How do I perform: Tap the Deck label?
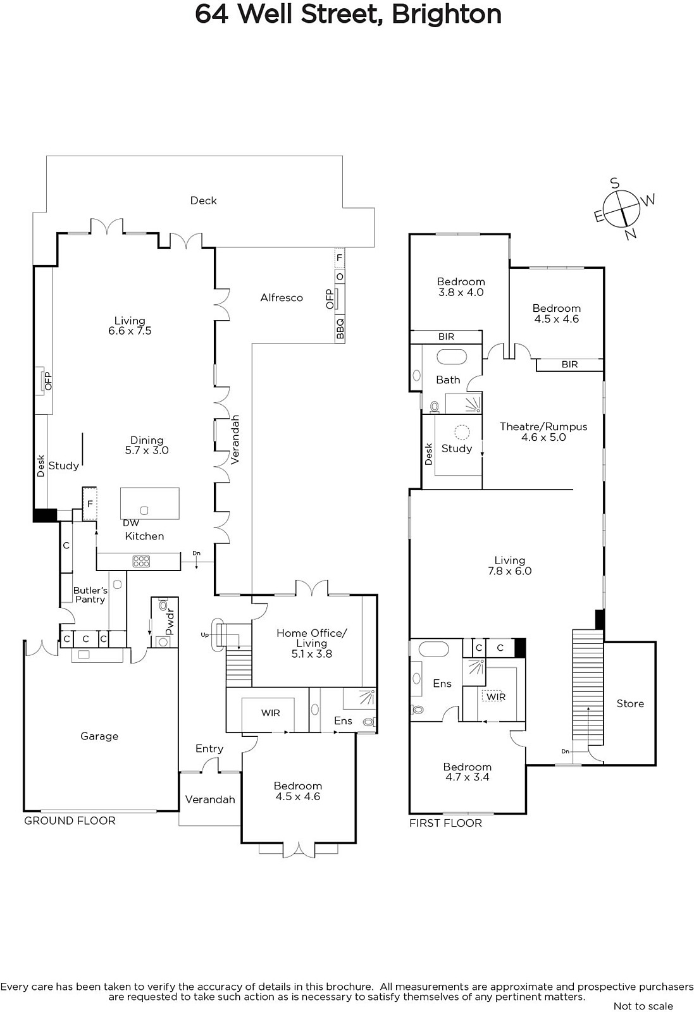[203, 201]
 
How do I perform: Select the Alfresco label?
[282, 298]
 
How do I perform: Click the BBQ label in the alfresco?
[340, 328]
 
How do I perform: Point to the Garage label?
[99, 736]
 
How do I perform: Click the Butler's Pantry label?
[90, 595]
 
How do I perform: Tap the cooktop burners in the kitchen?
[142, 561]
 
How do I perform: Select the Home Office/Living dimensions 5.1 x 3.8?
[312, 654]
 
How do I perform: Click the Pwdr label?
[170, 622]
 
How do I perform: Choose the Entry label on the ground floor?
[209, 749]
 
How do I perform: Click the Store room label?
[630, 703]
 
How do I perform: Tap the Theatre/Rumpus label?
[543, 426]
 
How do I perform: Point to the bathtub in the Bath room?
[451, 357]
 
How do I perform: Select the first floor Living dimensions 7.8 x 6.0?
[510, 571]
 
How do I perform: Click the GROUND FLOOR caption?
[70, 820]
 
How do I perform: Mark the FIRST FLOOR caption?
[445, 823]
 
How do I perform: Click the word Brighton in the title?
[447, 15]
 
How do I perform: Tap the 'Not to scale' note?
[643, 1006]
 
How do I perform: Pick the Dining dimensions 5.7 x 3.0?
[147, 450]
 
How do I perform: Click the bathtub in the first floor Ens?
[434, 649]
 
